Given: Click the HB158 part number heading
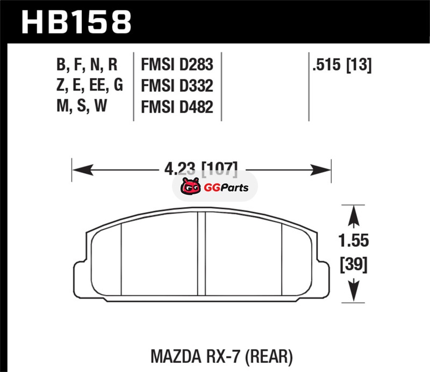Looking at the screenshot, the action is pyautogui.click(x=76, y=22).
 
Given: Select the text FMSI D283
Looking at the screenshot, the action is pyautogui.click(x=177, y=65).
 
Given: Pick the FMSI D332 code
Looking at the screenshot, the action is pyautogui.click(x=177, y=86).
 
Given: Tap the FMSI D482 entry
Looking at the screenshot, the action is pyautogui.click(x=177, y=107).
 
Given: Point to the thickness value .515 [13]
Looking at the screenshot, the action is pyautogui.click(x=342, y=65).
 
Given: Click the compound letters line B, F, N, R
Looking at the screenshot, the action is pyautogui.click(x=87, y=65).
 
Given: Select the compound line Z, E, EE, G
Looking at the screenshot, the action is pyautogui.click(x=90, y=86).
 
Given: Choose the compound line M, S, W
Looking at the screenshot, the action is pyautogui.click(x=82, y=106).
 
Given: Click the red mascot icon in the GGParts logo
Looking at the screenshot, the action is pyautogui.click(x=191, y=186).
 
